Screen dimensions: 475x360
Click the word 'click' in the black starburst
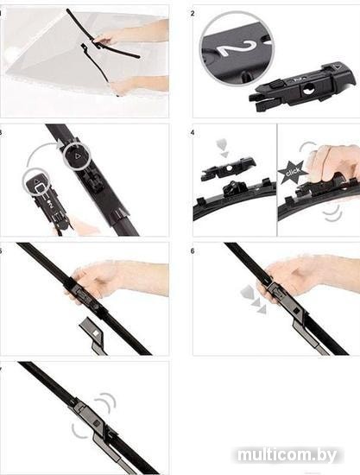tap(292, 171)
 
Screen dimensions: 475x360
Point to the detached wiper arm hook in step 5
tap(93, 333)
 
